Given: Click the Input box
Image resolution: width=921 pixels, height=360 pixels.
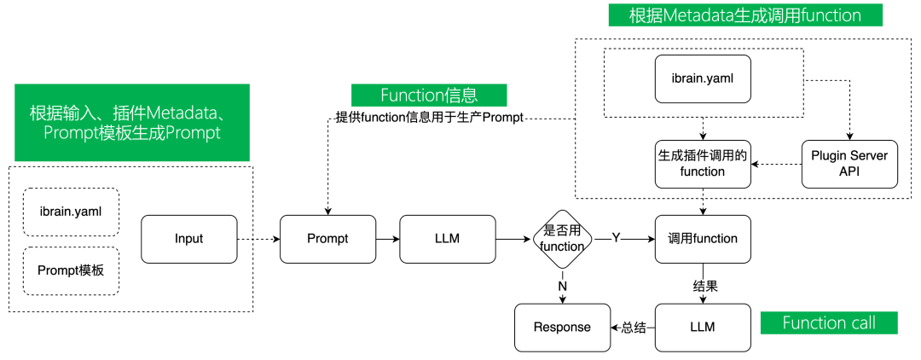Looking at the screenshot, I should [188, 238].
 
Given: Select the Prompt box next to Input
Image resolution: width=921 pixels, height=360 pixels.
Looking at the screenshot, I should [327, 238].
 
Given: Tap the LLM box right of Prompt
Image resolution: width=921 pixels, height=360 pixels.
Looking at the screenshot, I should [447, 238].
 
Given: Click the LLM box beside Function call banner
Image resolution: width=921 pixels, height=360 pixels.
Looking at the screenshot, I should [702, 327].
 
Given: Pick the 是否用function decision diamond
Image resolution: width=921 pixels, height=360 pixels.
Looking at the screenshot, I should [562, 238].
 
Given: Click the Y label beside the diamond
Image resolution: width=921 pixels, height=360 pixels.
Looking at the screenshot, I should [616, 239].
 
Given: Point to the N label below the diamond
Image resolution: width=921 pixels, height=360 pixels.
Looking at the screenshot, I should [562, 287].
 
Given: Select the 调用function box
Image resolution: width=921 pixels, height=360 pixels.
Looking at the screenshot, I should [702, 238].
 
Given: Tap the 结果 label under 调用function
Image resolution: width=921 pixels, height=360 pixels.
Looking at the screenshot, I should [704, 287].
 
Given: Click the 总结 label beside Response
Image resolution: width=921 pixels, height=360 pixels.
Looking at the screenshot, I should [633, 327].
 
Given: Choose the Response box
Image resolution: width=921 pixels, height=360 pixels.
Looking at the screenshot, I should [562, 327].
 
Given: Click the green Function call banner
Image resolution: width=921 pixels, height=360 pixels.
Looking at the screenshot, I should [828, 322].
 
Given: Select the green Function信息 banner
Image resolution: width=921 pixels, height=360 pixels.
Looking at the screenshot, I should [429, 95].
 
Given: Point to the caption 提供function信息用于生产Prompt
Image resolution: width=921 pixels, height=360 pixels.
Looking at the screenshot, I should [429, 118].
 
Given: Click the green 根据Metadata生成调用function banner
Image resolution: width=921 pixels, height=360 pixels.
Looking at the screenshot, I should [744, 15].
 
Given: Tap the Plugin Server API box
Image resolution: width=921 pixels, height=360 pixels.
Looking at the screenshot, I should [850, 164].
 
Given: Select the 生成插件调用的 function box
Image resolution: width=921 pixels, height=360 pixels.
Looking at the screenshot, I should [702, 164].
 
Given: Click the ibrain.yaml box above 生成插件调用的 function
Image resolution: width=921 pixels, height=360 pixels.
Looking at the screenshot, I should [702, 79].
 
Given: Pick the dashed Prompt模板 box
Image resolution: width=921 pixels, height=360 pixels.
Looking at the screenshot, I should [71, 270].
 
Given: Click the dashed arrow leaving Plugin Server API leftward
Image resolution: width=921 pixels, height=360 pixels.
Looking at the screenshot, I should [776, 164].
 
